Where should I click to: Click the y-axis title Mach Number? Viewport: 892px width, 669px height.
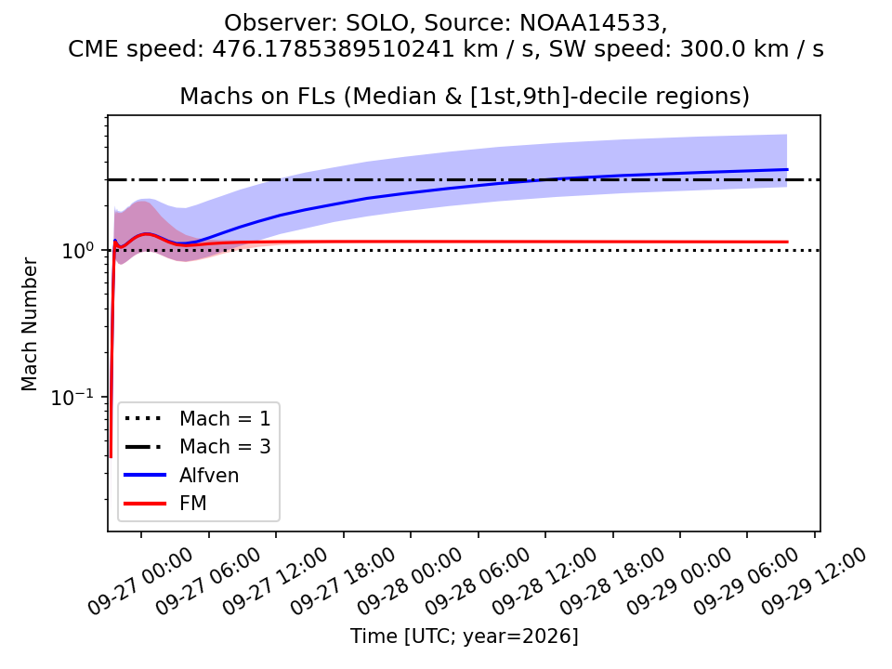(x=30, y=325)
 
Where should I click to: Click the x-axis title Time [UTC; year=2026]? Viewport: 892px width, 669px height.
(x=465, y=636)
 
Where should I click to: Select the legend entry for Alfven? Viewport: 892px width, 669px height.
(x=181, y=475)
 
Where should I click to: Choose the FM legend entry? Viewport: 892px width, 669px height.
(x=165, y=504)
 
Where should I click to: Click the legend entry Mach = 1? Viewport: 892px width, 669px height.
(x=197, y=419)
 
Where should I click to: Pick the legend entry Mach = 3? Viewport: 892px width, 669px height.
(x=197, y=447)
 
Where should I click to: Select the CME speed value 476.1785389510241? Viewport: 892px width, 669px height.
(x=334, y=49)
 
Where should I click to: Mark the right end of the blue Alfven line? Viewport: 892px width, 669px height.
(x=787, y=169)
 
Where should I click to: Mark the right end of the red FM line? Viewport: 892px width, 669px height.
(x=787, y=242)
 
